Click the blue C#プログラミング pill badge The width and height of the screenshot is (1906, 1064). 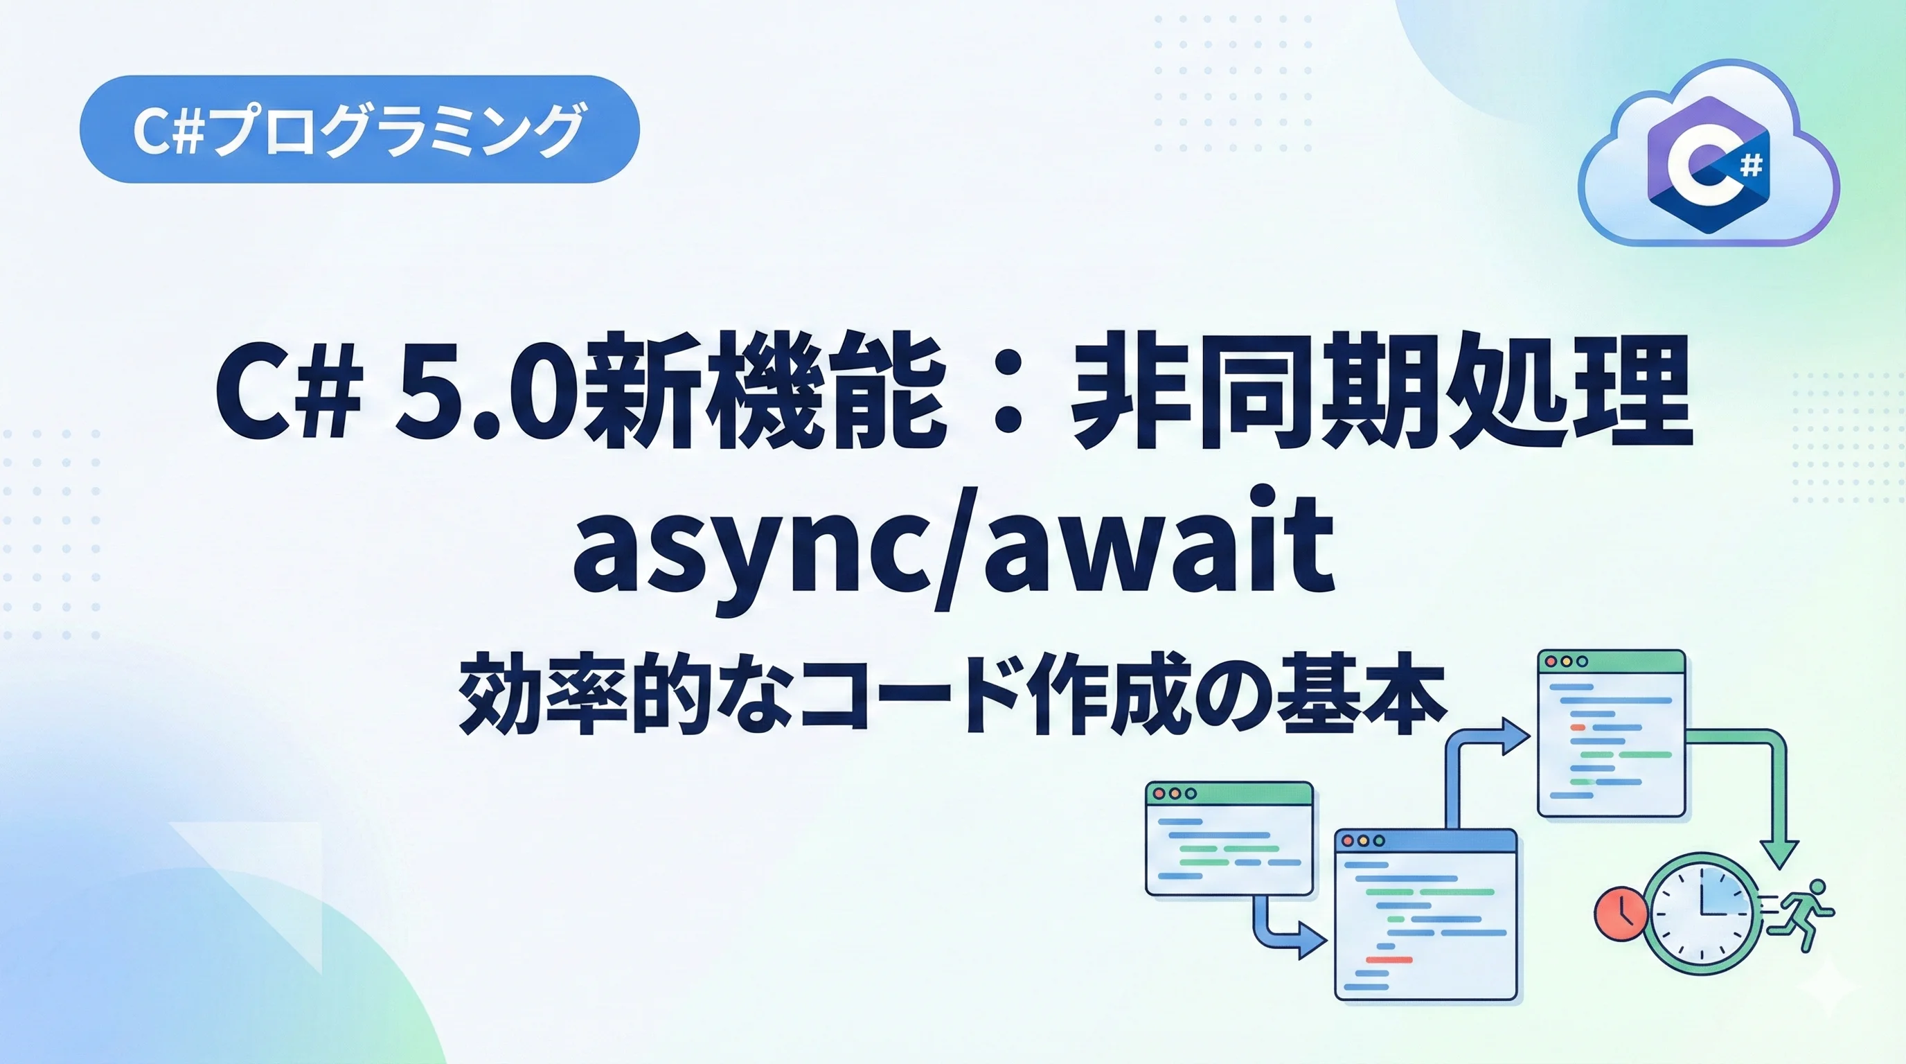(359, 129)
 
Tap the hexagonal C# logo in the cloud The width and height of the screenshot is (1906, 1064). (1709, 165)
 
